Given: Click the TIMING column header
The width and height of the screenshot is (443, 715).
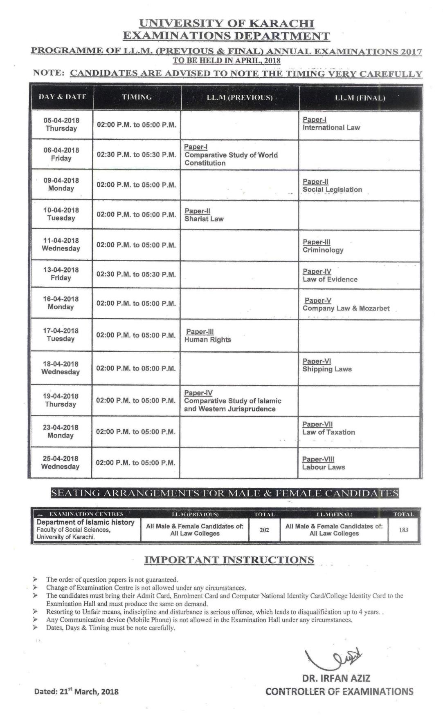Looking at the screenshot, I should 137,97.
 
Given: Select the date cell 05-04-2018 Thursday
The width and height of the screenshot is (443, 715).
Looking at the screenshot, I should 61,124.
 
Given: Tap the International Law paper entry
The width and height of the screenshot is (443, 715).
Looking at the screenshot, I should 331,127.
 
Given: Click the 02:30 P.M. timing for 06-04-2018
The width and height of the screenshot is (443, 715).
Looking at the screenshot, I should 136,155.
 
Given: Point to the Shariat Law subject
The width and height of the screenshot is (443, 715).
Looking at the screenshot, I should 204,219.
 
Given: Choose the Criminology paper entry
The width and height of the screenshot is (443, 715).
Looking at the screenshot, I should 323,250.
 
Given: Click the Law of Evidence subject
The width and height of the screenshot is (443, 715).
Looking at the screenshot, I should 330,279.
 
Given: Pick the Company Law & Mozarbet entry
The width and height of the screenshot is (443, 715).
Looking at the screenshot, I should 346,308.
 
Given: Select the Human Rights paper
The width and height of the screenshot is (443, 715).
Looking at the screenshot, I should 207,340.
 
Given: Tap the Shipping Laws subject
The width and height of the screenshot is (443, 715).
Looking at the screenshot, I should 327,369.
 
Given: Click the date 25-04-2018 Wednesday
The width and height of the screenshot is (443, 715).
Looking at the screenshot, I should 61,463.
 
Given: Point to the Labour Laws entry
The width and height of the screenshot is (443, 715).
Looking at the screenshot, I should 323,467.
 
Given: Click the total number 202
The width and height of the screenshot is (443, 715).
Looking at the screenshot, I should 264,530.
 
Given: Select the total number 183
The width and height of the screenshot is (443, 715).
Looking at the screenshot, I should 403,530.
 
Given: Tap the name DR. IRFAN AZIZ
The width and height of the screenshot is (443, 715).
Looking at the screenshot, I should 336,679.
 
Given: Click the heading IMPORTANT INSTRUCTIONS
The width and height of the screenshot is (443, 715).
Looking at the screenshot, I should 229,560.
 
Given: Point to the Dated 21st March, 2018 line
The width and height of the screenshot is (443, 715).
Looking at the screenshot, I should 76,691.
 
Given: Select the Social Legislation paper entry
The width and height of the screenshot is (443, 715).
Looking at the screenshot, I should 332,190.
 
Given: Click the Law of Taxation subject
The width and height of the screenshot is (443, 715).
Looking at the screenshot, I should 328,432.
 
